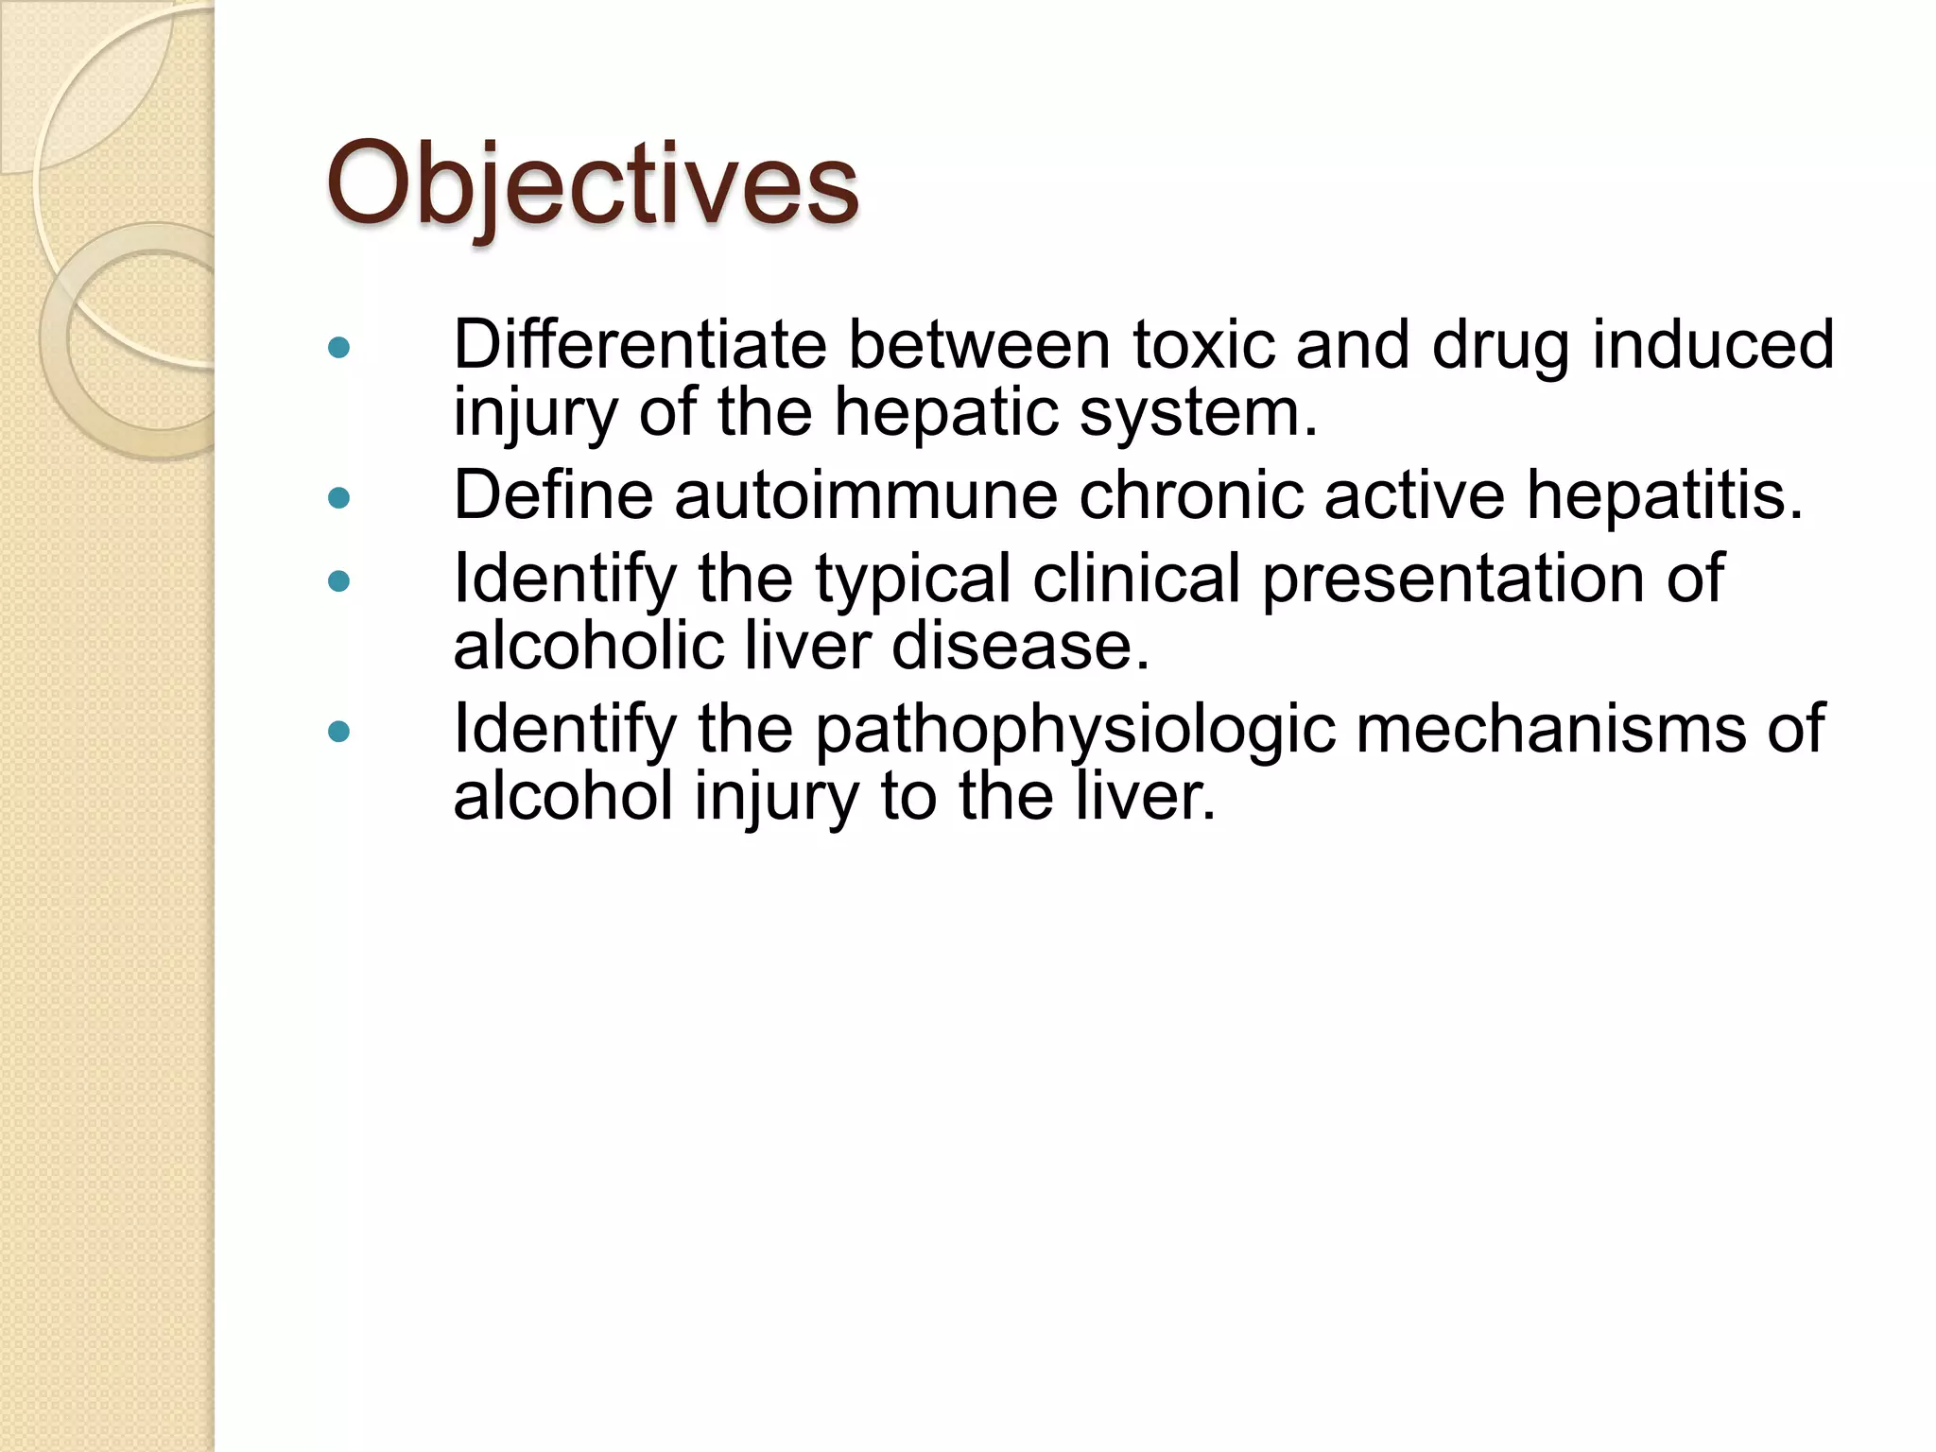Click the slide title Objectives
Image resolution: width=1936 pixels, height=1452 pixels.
click(593, 184)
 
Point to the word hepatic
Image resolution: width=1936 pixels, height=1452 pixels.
click(945, 414)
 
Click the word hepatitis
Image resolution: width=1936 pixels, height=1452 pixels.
click(1665, 496)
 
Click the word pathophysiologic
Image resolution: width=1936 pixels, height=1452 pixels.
click(1075, 730)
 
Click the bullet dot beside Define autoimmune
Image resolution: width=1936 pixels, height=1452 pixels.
click(338, 497)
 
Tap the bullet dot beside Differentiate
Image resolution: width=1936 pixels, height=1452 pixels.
click(338, 347)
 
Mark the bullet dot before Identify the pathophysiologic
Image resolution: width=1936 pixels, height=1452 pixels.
click(338, 731)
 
